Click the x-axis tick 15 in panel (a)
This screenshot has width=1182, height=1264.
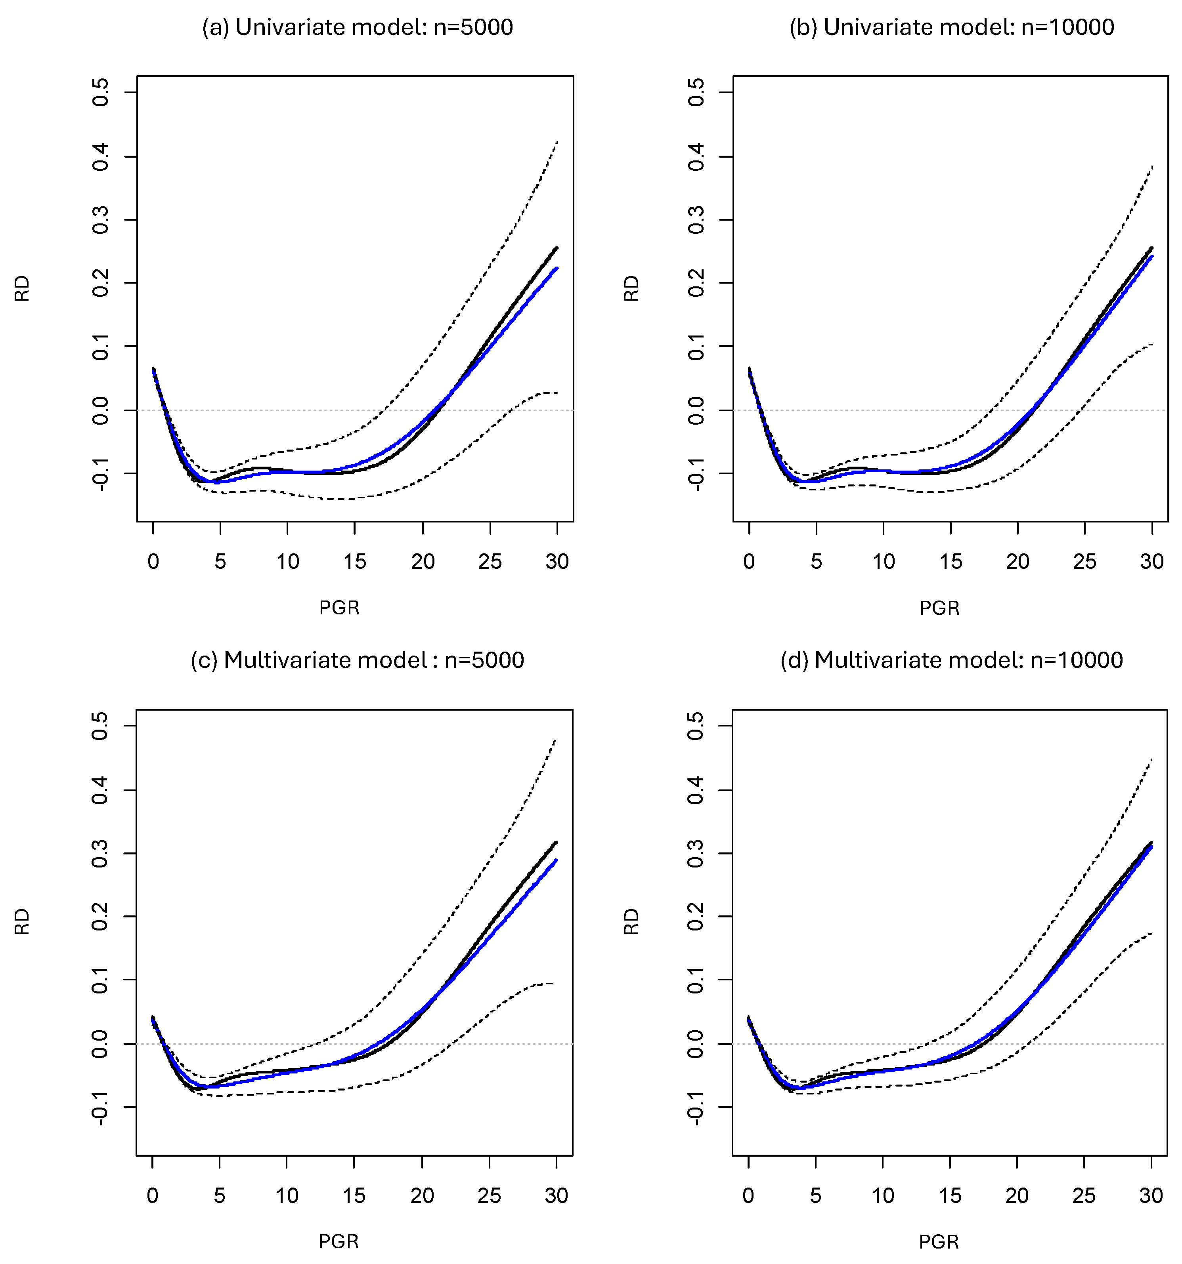tap(354, 561)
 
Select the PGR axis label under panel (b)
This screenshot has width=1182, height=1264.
tap(939, 608)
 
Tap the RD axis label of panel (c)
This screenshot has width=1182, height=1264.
tap(22, 921)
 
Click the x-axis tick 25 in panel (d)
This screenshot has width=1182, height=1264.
tap(1084, 1196)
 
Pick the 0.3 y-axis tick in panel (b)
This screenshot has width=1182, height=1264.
tap(696, 220)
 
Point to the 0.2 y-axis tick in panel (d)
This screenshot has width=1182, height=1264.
tap(696, 917)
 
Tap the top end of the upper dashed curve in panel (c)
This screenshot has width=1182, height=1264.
tap(555, 740)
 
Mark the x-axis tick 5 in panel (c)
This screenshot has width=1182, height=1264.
tap(220, 1196)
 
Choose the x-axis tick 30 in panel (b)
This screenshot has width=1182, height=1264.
tap(1151, 561)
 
